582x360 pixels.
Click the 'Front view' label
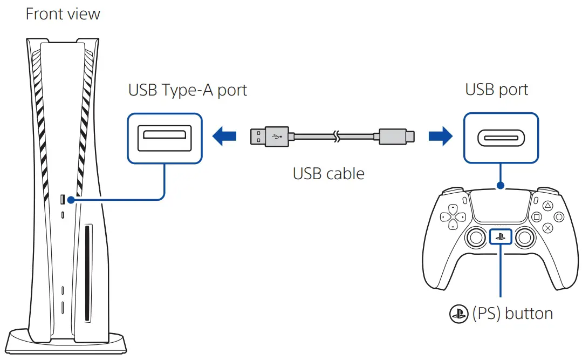pos(63,13)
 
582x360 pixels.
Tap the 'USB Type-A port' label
pos(187,90)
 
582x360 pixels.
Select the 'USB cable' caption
pos(328,173)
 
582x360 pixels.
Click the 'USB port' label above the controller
pos(496,90)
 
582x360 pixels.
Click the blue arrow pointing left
pos(225,137)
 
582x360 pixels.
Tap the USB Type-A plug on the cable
pos(262,137)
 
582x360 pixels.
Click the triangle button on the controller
pos(546,205)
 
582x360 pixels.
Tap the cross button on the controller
pos(547,228)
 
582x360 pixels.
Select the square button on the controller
pos(536,217)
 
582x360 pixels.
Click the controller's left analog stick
pos(476,237)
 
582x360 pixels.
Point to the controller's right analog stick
pos(525,237)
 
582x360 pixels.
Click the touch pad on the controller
pos(501,208)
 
